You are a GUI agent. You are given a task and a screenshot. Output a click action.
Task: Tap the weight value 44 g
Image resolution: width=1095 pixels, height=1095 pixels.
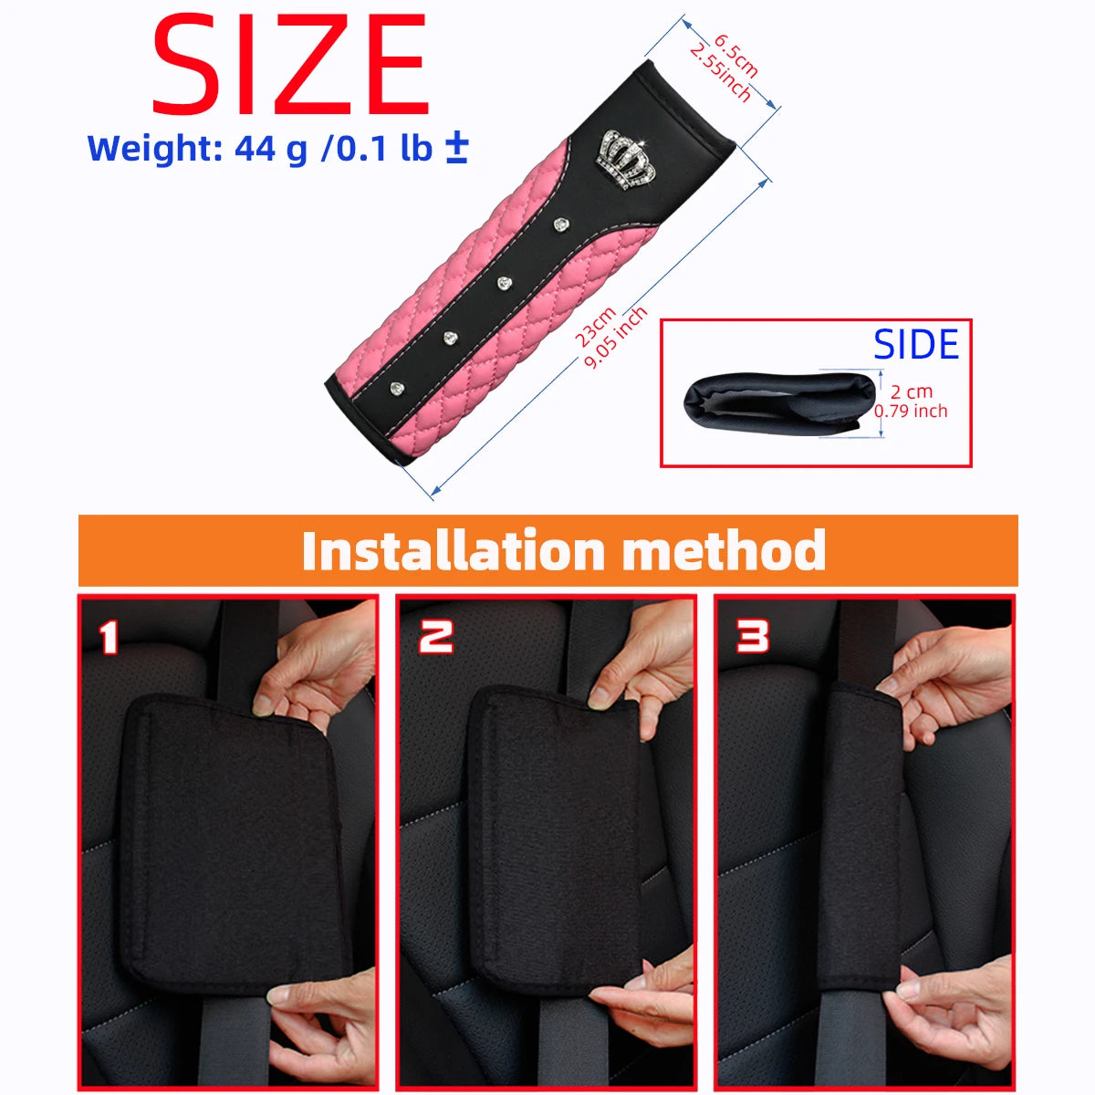tap(270, 149)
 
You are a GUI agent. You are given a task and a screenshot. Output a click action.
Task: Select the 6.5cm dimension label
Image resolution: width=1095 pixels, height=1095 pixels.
tap(735, 57)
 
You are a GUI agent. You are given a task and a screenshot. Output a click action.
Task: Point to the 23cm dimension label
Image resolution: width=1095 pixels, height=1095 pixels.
tap(595, 326)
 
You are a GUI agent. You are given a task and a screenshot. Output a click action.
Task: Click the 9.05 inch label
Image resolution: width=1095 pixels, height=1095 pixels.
tap(615, 338)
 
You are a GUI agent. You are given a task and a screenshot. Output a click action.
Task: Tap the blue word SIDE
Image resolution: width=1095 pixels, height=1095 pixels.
tap(915, 344)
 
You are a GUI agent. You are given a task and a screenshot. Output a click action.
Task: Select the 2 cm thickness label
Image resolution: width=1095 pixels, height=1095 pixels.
tap(912, 391)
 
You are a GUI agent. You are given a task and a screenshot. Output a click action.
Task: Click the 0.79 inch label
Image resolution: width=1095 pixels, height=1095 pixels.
tap(911, 411)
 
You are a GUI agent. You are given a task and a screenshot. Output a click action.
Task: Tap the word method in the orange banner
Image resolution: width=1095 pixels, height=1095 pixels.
tap(724, 550)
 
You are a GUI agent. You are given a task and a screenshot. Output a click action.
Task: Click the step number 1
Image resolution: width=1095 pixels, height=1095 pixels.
tap(109, 637)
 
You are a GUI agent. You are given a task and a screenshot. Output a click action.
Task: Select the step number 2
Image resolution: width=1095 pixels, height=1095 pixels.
tap(435, 636)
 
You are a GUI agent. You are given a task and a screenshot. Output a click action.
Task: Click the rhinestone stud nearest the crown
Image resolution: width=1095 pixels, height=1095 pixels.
tap(560, 224)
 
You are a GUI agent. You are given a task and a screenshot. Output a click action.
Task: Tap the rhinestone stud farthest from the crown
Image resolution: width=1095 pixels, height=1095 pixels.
tap(397, 389)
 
